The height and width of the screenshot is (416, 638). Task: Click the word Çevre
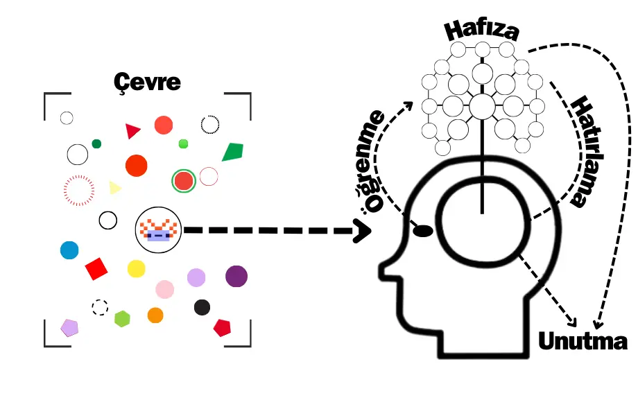click(147, 82)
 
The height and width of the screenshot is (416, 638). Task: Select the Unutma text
click(583, 341)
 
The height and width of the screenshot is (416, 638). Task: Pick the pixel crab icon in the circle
click(158, 229)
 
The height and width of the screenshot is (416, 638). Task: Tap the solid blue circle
click(69, 250)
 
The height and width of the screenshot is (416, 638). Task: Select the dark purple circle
click(236, 276)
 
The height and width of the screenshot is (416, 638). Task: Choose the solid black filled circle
click(202, 307)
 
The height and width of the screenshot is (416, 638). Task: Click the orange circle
click(155, 315)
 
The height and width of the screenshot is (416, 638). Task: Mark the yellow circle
click(136, 268)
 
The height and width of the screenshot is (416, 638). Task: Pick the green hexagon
click(122, 319)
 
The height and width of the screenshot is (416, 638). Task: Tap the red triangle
click(132, 130)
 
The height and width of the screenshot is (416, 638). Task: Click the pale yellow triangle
click(114, 187)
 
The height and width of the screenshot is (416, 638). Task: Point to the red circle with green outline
click(183, 181)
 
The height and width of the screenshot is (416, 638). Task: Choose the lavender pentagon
click(69, 327)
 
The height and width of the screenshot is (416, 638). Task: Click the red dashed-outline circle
click(78, 189)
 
